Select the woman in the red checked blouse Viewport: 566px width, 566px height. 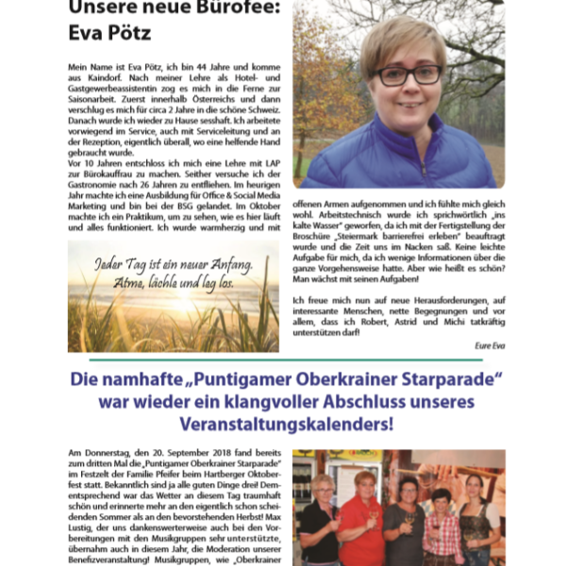440,533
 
